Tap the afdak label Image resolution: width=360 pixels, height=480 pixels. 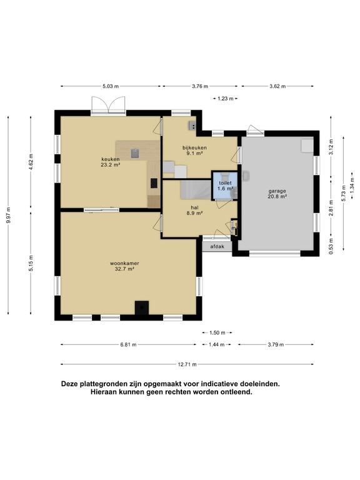point(216,246)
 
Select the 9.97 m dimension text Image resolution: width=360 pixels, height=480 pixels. point(8,215)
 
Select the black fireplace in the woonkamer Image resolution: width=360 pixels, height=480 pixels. point(142,307)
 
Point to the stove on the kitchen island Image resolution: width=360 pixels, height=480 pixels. point(134,152)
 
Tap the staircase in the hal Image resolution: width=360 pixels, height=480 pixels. point(195,189)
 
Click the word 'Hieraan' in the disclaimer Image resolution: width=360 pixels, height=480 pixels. point(107,392)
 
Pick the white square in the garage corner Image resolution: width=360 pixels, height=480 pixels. point(306,145)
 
